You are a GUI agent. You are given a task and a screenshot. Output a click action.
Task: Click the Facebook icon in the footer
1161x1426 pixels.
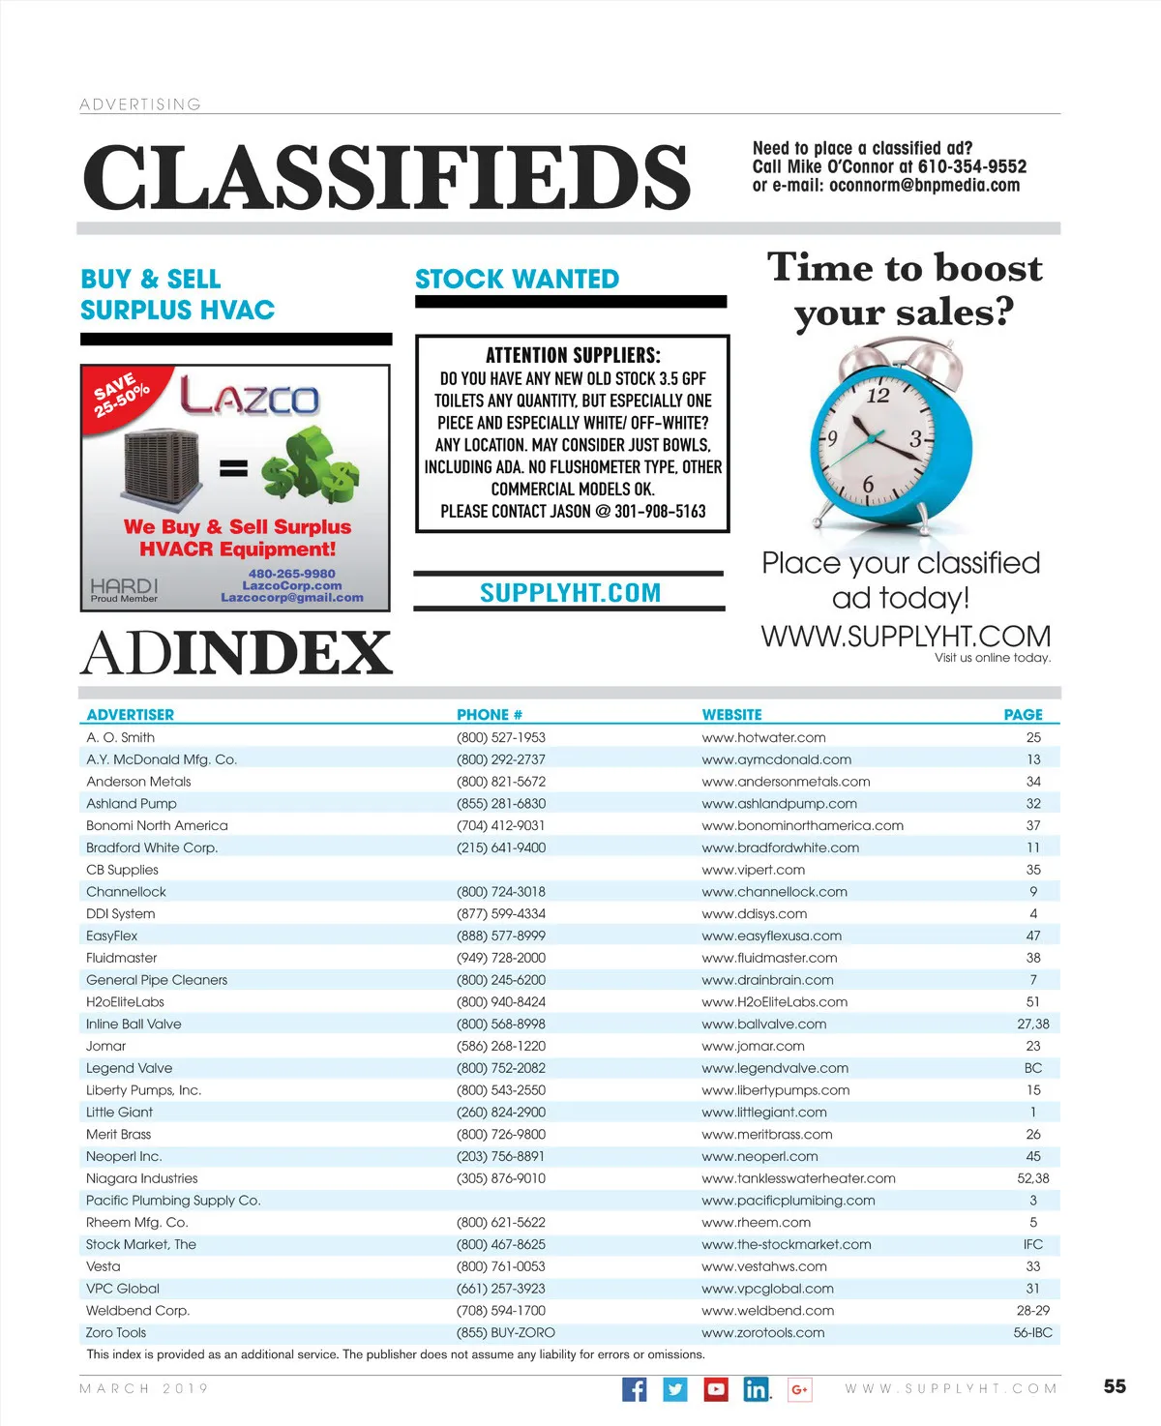click(634, 1389)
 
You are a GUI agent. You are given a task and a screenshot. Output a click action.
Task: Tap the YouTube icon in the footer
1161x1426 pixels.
click(716, 1389)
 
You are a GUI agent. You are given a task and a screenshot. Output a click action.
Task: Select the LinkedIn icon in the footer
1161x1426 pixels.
click(756, 1389)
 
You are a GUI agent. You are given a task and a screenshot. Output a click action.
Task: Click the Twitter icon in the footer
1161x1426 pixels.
click(675, 1389)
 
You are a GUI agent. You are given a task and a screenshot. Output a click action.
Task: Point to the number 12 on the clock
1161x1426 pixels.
click(878, 396)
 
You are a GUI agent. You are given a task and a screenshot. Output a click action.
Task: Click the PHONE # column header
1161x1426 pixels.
click(490, 715)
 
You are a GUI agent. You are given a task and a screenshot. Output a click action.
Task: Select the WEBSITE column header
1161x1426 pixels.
click(731, 715)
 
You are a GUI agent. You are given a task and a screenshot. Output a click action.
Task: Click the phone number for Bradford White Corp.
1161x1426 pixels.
click(501, 847)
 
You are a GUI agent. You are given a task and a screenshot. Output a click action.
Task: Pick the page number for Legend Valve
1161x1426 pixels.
click(1033, 1068)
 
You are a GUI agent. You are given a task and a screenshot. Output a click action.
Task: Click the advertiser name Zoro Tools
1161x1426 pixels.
click(116, 1332)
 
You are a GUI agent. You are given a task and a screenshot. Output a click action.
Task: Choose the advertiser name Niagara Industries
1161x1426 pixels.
click(141, 1178)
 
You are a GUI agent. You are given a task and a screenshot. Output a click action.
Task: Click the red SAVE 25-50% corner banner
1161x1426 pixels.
click(121, 394)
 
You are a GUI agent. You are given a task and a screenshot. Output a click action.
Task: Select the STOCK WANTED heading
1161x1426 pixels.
click(517, 280)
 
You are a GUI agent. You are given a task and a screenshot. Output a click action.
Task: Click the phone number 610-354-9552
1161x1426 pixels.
click(971, 166)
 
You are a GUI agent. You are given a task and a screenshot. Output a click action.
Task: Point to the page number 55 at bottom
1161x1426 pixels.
click(1115, 1386)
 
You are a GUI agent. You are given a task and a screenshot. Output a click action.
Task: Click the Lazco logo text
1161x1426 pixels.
click(250, 397)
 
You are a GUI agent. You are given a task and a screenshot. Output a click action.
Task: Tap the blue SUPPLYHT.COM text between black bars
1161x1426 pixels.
click(570, 593)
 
